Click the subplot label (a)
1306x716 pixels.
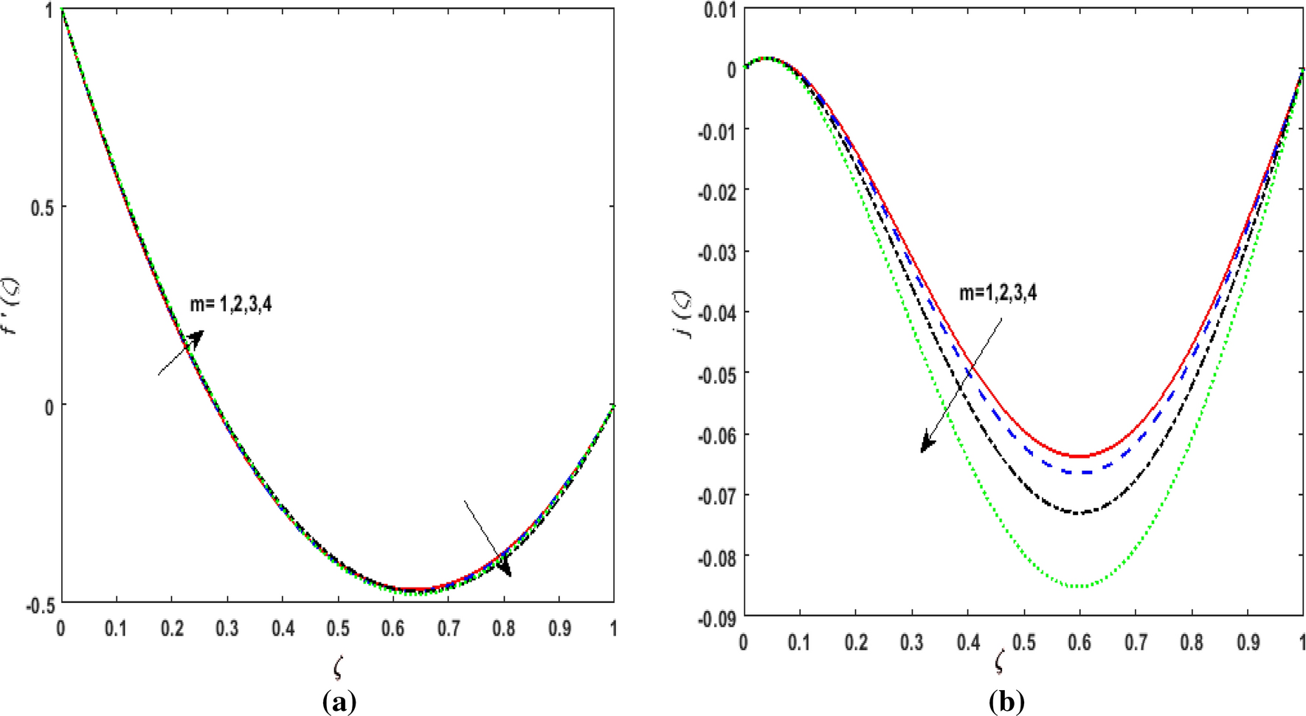(339, 701)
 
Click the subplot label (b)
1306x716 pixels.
(1006, 701)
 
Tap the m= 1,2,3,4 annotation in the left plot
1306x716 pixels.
(231, 303)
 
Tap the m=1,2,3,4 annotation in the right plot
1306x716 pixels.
(998, 293)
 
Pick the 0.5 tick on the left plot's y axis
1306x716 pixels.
(42, 207)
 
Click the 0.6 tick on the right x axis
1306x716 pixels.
(1079, 642)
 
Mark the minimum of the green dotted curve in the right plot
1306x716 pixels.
(1080, 586)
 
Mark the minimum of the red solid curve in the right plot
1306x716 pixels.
(1080, 456)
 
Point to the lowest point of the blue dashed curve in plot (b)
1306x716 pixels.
(1080, 472)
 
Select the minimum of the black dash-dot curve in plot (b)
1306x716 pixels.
(1080, 512)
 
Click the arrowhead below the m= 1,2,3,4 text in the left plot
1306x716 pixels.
(196, 338)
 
